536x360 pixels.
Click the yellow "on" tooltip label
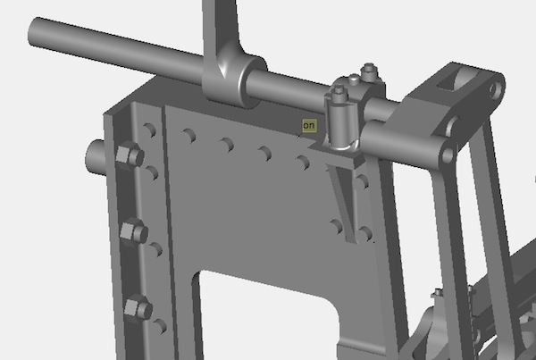coord(309,126)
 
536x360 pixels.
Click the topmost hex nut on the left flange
coord(130,155)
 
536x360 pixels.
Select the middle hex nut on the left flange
coord(134,231)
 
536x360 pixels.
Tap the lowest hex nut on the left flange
coord(138,308)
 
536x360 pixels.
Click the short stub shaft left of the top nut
coord(96,157)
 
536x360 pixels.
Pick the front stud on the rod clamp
coord(339,90)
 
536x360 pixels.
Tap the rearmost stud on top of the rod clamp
coord(369,68)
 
